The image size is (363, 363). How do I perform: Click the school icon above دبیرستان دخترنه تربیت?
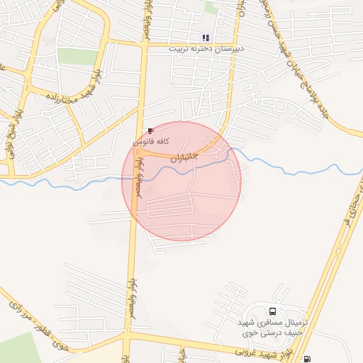tap(206, 38)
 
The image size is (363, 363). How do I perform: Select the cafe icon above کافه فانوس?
tap(150, 131)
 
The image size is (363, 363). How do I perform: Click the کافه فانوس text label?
tap(152, 142)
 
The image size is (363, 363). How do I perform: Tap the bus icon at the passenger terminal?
tap(272, 311)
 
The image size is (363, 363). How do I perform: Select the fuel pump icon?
tap(306, 358)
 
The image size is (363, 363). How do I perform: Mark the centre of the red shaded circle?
tap(181, 181)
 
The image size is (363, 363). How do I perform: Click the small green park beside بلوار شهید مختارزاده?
tap(77, 57)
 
